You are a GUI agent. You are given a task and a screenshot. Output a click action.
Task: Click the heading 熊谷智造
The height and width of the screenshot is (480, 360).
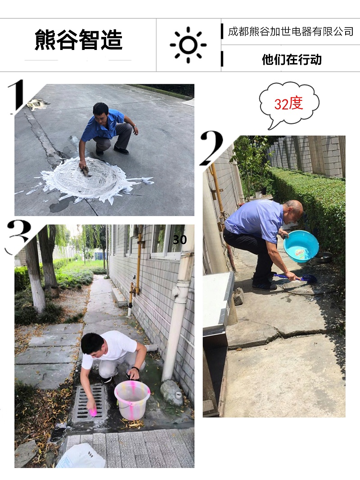[79, 40]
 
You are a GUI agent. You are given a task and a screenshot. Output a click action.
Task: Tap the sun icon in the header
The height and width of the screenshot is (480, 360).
[188, 45]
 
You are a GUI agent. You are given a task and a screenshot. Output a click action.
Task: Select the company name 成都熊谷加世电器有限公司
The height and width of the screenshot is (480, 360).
[291, 32]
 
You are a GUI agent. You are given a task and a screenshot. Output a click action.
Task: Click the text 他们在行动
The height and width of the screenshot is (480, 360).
[292, 59]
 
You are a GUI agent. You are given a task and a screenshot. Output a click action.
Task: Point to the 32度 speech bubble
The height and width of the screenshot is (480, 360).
[288, 104]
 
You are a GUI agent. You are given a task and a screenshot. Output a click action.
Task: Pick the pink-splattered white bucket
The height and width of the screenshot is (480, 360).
[132, 399]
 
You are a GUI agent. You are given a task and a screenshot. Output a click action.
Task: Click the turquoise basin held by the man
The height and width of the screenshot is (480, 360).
[301, 246]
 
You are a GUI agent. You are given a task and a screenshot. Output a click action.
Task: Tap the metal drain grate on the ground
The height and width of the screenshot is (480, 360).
[90, 403]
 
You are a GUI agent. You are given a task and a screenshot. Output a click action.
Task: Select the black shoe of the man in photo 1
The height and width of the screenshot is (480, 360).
[121, 150]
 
